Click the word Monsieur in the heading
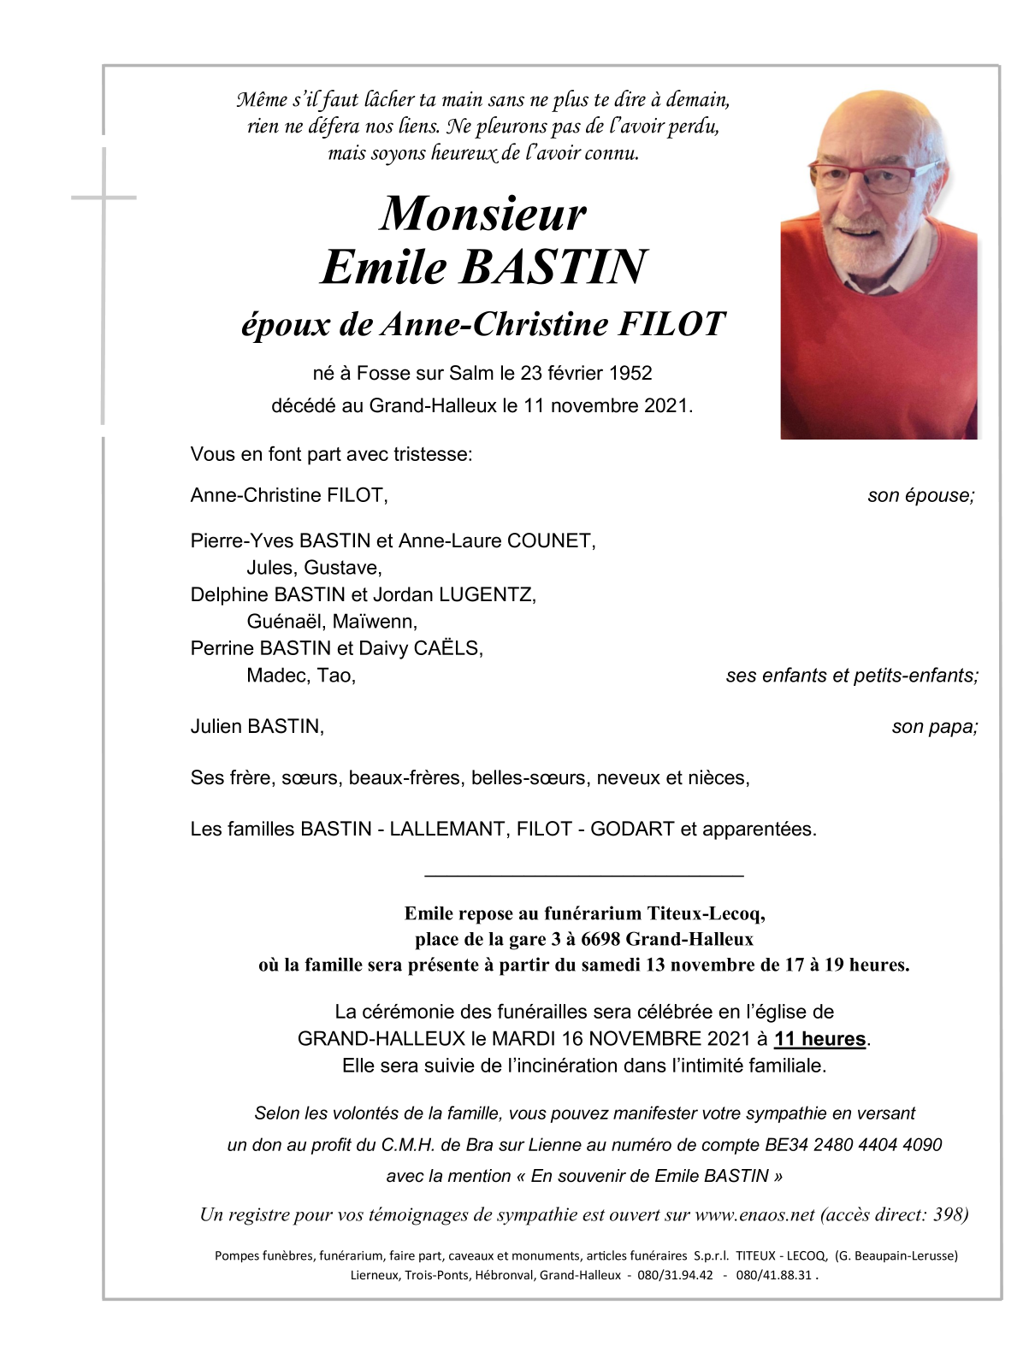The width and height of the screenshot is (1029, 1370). (483, 214)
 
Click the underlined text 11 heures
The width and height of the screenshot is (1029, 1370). (819, 1039)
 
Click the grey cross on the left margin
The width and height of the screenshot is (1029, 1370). (103, 198)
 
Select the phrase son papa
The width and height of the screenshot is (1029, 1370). (934, 727)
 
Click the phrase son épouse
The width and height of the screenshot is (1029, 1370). (920, 496)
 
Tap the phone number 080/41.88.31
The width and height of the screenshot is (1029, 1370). (773, 1275)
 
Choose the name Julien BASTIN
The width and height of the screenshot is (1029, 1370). (257, 727)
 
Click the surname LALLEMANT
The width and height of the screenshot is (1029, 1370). (447, 830)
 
